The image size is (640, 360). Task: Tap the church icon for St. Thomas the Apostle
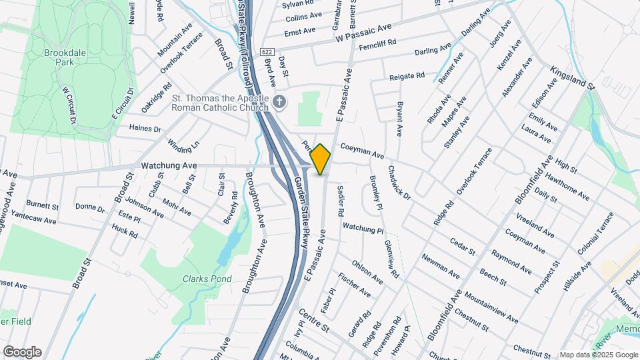(280, 102)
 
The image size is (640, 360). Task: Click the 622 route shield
(267, 52)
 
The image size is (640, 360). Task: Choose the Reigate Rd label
(407, 76)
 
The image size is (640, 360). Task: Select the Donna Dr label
(90, 209)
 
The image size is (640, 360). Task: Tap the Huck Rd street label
(125, 231)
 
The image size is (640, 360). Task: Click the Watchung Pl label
(363, 228)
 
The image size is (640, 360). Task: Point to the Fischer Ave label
(355, 284)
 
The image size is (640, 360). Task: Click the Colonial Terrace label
(595, 234)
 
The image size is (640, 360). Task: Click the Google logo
(22, 352)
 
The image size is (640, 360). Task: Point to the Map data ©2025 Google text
(598, 355)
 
